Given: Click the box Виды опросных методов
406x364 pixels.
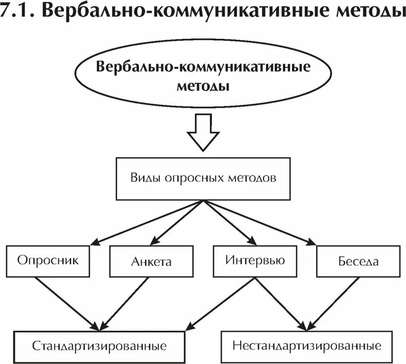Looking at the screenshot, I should point(203,179).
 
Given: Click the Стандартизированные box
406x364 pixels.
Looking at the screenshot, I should point(99,346).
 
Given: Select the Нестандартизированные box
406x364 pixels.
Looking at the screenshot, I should point(307,345).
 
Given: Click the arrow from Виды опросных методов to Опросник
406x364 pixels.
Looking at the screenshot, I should point(147,223).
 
